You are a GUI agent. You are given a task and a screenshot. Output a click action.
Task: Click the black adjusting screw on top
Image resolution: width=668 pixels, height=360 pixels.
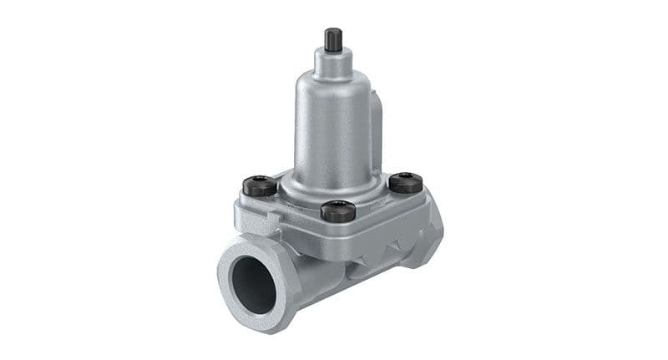331,38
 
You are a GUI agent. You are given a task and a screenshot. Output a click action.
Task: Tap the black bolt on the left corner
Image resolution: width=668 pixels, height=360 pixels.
259,185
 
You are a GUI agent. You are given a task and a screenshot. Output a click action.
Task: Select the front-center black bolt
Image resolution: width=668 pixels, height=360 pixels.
337,210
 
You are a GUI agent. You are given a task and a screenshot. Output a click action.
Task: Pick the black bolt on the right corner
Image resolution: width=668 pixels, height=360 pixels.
406,182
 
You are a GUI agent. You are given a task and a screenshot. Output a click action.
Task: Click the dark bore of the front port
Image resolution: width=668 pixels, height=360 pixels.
253,285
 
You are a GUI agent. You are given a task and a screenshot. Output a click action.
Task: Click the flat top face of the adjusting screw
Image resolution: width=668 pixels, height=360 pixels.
331,31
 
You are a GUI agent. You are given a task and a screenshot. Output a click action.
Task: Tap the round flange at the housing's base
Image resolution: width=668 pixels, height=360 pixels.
334,185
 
